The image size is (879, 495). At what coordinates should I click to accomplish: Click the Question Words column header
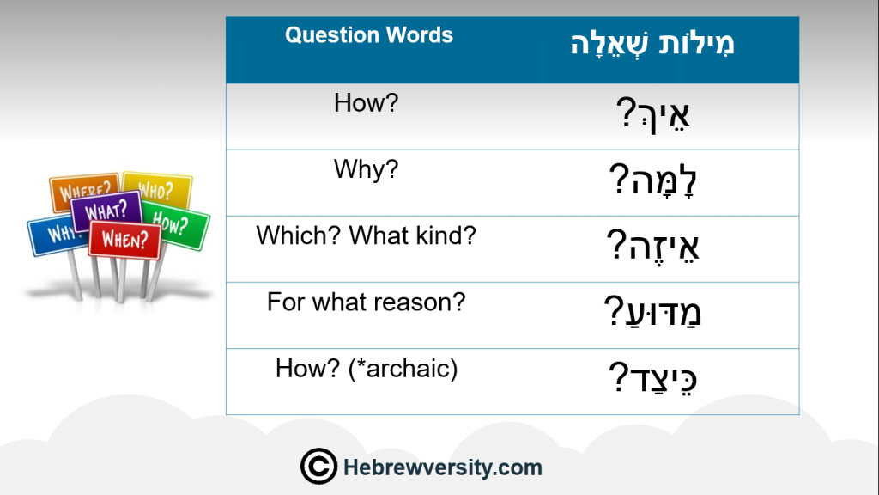pos(369,35)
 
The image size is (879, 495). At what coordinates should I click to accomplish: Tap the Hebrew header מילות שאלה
pos(652,44)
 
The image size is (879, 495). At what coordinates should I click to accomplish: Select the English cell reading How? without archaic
pos(366,103)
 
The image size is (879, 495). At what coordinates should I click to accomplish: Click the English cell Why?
pos(366,169)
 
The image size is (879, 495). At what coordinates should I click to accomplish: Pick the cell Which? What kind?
pos(366,235)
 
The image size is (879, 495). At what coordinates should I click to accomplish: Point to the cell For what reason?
pos(366,302)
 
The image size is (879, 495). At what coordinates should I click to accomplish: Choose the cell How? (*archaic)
pos(366,369)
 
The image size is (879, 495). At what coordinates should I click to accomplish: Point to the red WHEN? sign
pos(124,240)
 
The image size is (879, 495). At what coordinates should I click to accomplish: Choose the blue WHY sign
pos(55,235)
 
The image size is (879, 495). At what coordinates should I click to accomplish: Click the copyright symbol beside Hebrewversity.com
pos(318,467)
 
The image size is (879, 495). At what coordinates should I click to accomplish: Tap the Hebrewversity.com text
pos(443,467)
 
